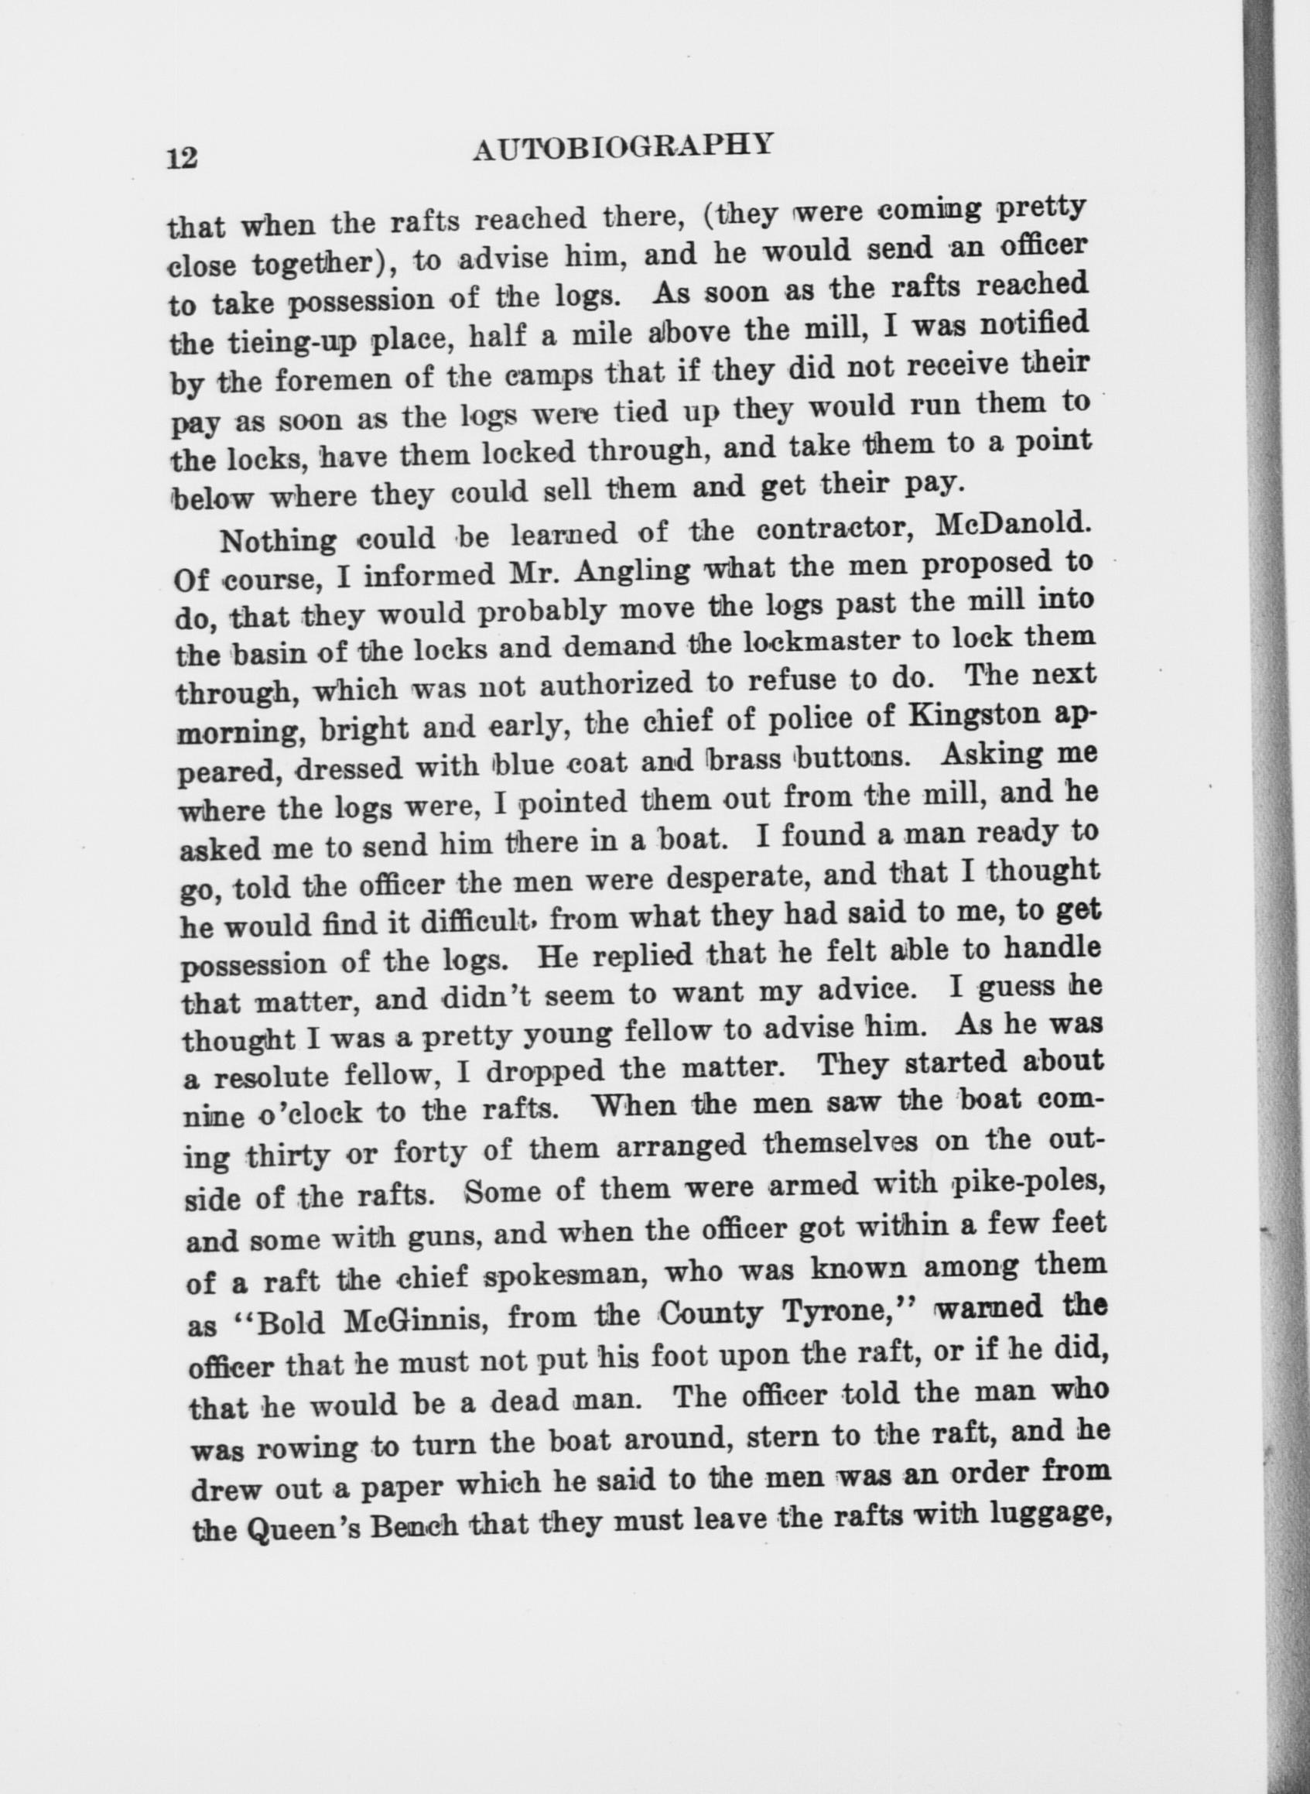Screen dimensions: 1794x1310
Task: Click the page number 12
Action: coord(182,157)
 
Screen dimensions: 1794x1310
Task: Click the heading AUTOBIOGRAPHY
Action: coord(621,148)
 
